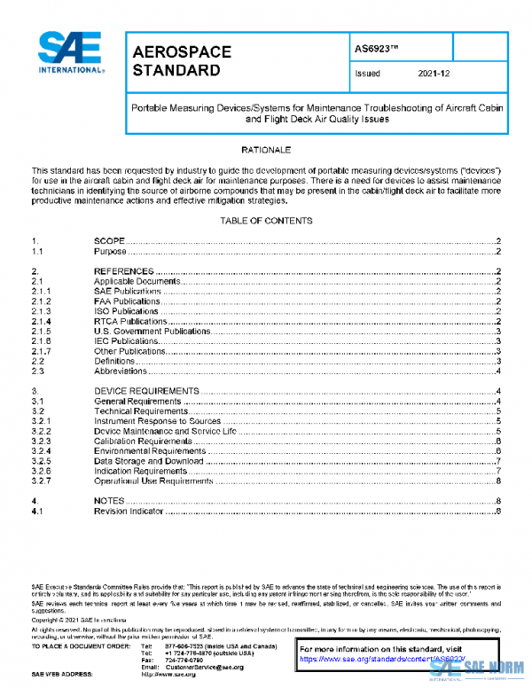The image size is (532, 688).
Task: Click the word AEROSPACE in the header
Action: pos(182,52)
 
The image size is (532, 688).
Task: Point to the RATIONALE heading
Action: pos(266,151)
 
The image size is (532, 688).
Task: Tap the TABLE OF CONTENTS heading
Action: pos(266,220)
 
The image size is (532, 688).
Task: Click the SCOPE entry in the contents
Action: pos(110,241)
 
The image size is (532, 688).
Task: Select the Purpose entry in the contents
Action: pos(112,252)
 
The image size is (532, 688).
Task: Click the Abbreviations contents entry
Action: pos(122,371)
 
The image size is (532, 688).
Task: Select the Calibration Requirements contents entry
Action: pos(142,441)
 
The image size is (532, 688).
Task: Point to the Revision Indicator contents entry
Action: pos(129,512)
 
